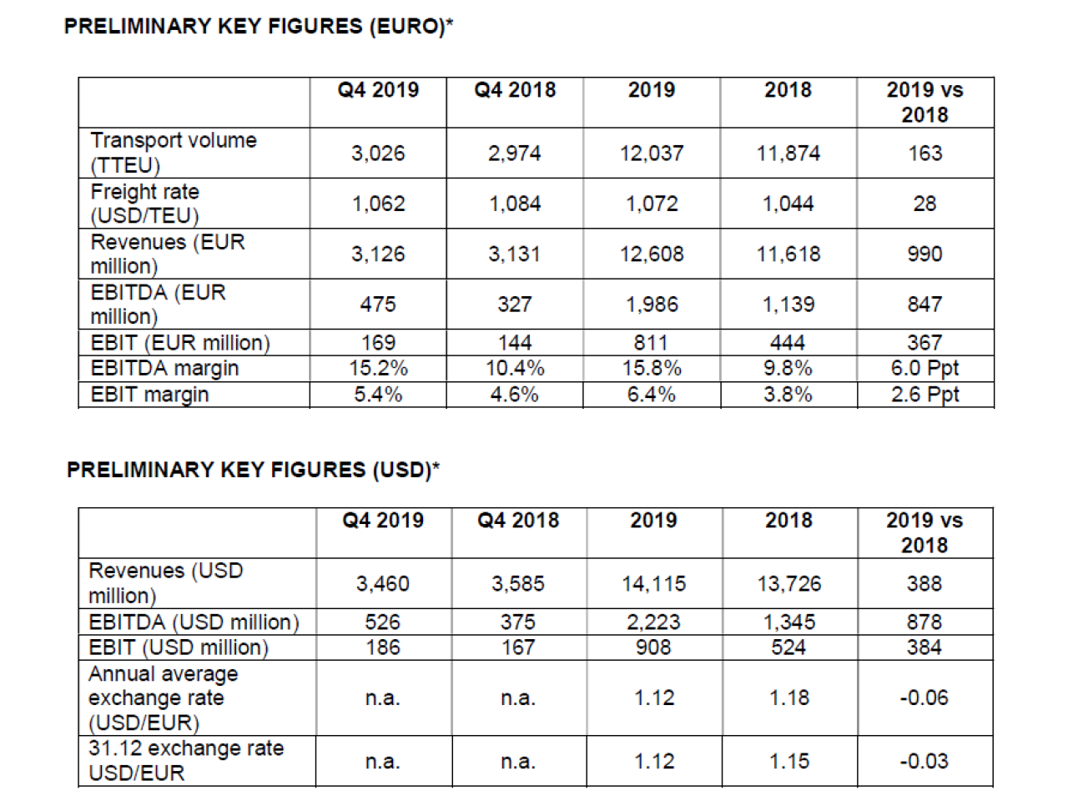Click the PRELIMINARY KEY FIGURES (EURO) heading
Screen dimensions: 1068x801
259,26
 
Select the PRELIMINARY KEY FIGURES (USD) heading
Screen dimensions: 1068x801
253,470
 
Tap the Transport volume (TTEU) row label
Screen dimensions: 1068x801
174,153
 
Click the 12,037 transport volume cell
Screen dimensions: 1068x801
652,154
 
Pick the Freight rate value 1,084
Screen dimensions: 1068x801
515,204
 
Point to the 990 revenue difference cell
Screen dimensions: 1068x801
924,254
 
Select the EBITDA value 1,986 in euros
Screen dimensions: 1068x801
652,305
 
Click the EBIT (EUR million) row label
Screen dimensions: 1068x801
180,343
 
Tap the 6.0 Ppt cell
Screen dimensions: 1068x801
924,368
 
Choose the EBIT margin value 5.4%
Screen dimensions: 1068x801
378,394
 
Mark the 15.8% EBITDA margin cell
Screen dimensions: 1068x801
652,368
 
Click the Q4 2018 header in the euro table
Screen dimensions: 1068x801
515,90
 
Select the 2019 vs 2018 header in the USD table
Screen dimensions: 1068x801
924,532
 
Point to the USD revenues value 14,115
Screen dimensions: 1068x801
653,583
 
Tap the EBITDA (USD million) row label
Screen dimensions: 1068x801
194,622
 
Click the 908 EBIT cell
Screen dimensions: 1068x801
653,647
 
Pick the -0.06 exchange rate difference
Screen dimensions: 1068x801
924,698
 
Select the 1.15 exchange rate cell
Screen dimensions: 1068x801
789,761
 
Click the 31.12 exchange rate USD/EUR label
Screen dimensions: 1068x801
186,761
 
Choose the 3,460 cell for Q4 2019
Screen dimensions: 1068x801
383,583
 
